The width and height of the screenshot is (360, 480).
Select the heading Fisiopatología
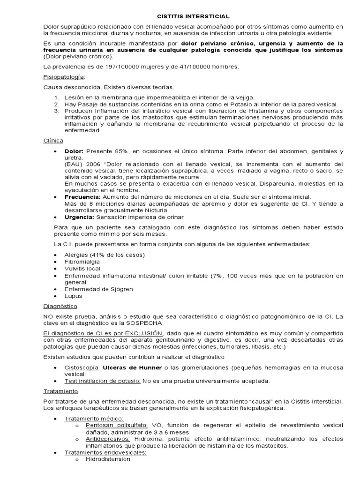click(64, 77)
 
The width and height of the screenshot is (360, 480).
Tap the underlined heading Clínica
click(53, 140)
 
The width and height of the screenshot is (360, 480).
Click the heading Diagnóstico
click(60, 305)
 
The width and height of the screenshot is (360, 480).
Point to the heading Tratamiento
click(60, 390)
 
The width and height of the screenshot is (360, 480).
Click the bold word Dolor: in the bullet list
click(74, 151)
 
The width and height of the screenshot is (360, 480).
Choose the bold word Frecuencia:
click(82, 197)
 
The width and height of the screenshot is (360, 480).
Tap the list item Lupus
click(73, 296)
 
